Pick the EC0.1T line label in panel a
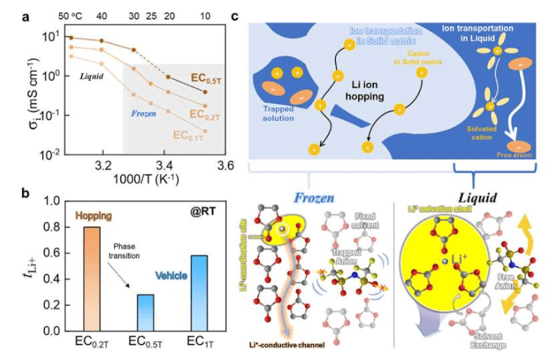(x=192, y=135)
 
